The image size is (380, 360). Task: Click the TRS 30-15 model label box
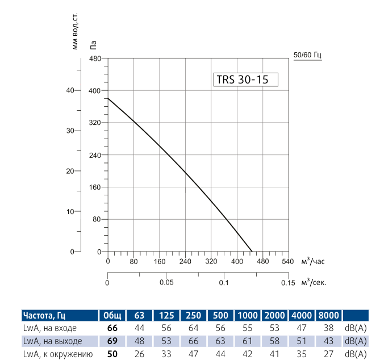point(245,79)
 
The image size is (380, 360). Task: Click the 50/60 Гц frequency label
point(307,55)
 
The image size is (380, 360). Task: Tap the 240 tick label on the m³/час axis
point(185,262)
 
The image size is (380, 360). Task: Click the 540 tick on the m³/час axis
point(287,262)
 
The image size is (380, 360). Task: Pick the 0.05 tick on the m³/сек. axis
point(166,282)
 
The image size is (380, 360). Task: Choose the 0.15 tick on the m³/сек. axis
point(287,282)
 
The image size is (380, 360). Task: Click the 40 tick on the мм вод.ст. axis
point(70,91)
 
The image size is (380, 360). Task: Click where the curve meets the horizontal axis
point(252,252)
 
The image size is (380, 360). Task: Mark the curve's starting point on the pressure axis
point(108,98)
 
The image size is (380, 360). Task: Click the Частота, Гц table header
point(48,316)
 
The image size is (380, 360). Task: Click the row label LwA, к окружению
point(57,354)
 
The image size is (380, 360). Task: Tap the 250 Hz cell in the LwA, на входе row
point(193,328)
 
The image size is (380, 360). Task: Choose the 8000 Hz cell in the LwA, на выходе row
point(328,341)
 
